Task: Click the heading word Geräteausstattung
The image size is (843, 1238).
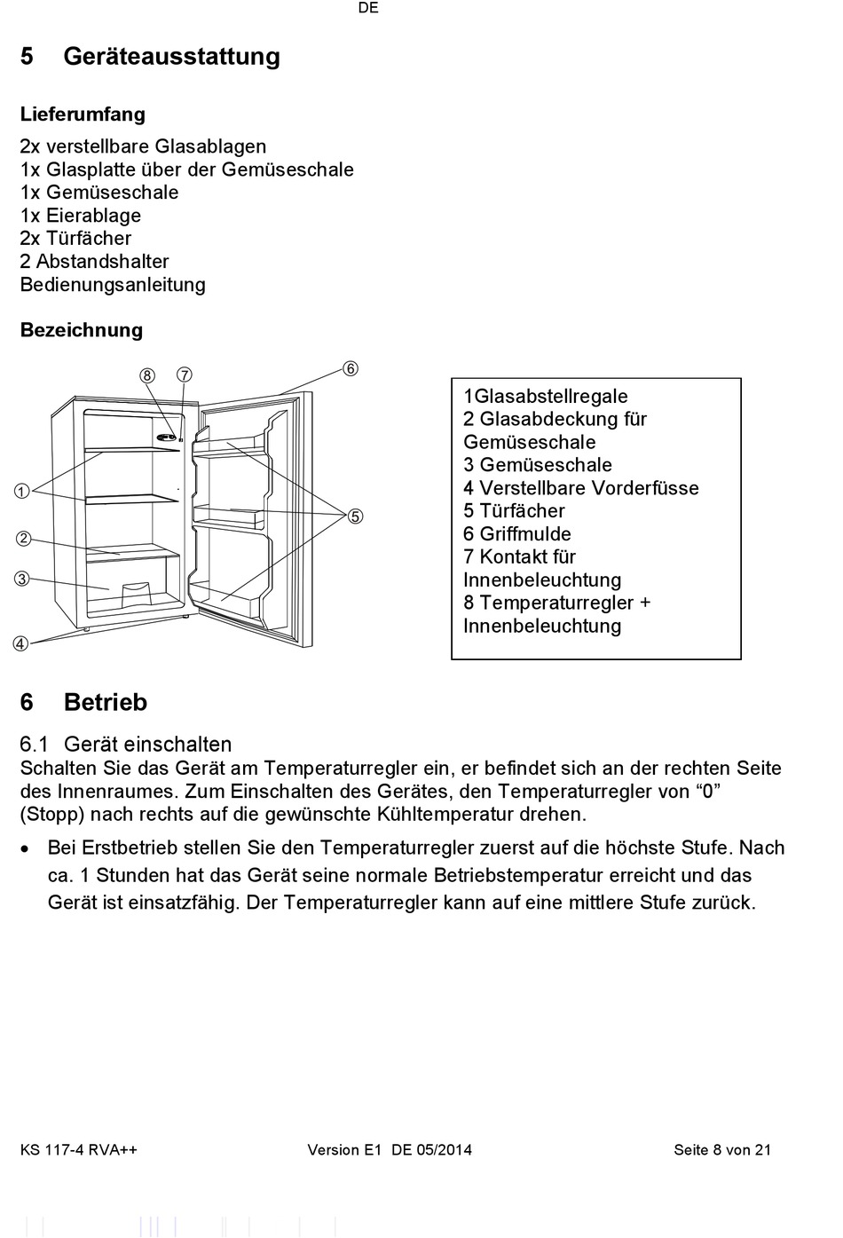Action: (x=171, y=57)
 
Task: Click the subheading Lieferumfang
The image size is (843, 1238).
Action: (x=83, y=114)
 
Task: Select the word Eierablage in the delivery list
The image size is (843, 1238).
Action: (x=93, y=216)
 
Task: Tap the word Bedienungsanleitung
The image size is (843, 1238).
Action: (x=113, y=285)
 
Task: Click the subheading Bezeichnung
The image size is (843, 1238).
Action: (x=82, y=330)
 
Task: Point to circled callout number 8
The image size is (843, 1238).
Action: (x=147, y=375)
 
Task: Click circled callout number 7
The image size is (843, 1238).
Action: (x=184, y=375)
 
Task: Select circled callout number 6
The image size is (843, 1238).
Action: (x=351, y=368)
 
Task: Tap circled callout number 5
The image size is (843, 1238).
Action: (x=355, y=516)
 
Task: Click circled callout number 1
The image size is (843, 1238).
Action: (x=21, y=492)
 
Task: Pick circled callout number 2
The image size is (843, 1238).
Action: (x=23, y=539)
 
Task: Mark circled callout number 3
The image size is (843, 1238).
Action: (x=21, y=579)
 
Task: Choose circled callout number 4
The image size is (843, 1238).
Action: (x=20, y=643)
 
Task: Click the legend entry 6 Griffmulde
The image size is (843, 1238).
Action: (x=517, y=534)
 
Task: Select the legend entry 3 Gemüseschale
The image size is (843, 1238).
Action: (x=538, y=465)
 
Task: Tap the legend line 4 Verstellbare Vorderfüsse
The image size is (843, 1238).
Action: (x=581, y=488)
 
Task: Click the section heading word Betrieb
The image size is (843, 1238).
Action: (x=106, y=703)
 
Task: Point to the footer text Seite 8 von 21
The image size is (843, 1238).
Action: (x=722, y=1150)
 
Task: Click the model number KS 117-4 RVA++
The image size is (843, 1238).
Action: (x=79, y=1150)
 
